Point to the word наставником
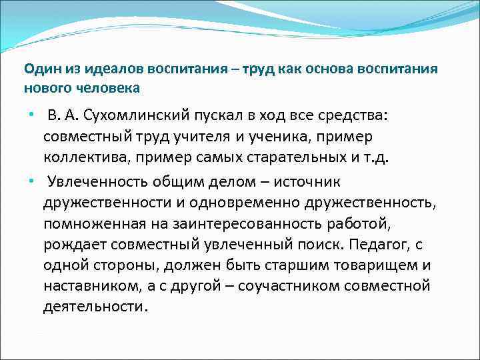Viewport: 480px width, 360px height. pyautogui.click(x=84, y=287)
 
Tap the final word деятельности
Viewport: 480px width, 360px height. pyautogui.click(x=95, y=308)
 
